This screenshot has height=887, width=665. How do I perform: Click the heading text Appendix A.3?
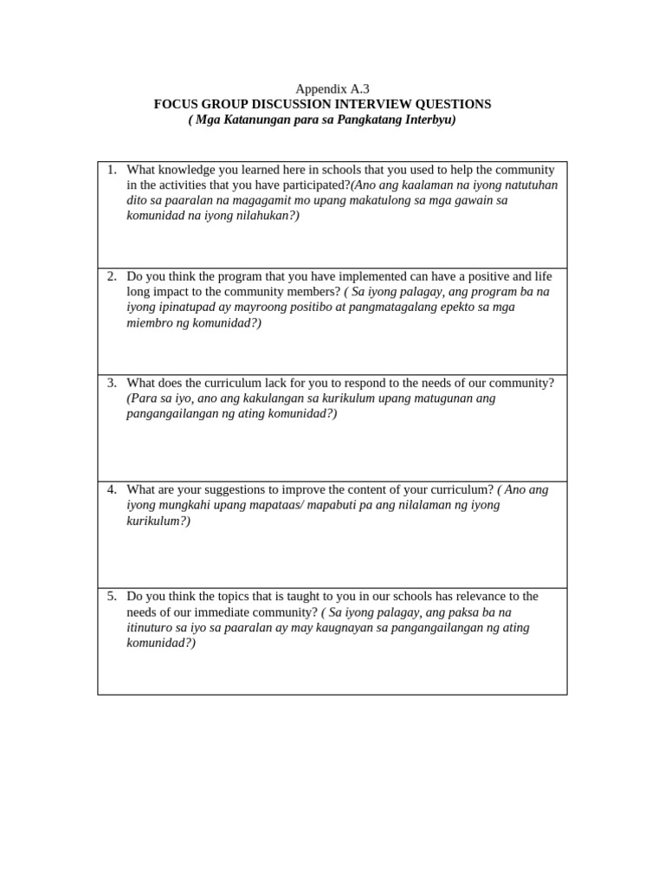point(332,88)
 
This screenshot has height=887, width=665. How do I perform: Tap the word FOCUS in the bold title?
point(177,104)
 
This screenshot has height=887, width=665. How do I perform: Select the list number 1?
point(112,170)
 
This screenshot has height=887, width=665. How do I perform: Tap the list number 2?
point(112,276)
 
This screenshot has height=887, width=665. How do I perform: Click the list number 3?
point(112,383)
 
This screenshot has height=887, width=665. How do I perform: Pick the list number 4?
point(112,489)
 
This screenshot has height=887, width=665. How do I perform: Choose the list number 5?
point(112,597)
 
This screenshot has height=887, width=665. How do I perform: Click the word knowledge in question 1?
point(188,170)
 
